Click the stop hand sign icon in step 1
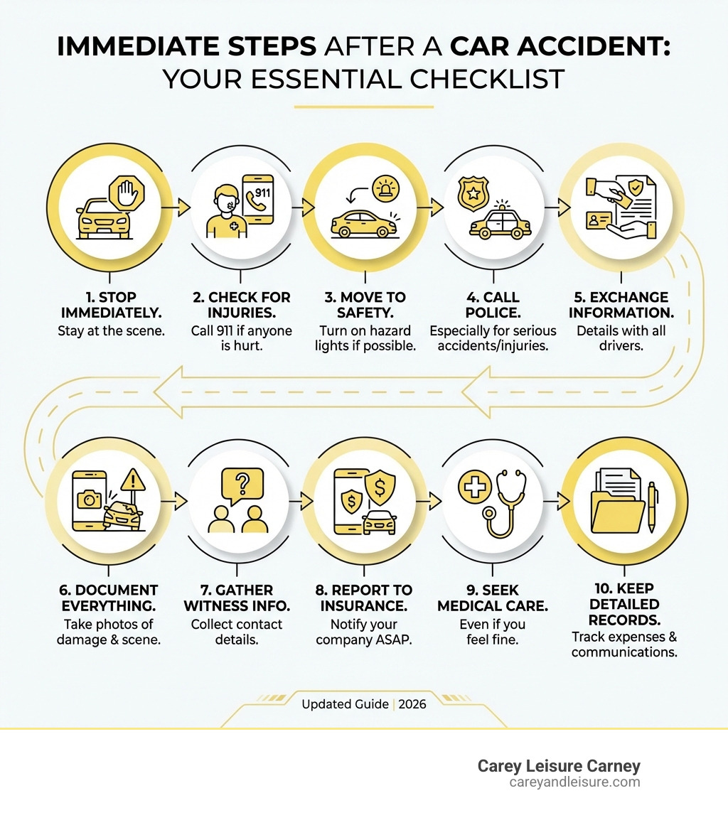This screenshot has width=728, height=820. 127,193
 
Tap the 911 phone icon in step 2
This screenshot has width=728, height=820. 258,199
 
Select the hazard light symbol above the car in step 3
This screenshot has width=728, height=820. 386,188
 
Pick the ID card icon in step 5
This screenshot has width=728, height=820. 599,221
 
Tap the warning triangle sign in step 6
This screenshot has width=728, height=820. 133,480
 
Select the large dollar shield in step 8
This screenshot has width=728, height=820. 380,487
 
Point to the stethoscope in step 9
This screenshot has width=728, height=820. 504,503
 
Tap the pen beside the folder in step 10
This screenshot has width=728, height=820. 652,507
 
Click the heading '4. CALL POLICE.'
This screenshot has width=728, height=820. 493,305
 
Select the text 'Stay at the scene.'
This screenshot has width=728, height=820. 111,331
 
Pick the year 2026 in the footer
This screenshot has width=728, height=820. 412,704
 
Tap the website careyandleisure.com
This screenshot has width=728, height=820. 574,782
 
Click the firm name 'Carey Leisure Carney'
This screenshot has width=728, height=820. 559,766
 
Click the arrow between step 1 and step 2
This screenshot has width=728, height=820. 176,207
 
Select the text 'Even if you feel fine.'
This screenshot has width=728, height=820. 493,632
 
